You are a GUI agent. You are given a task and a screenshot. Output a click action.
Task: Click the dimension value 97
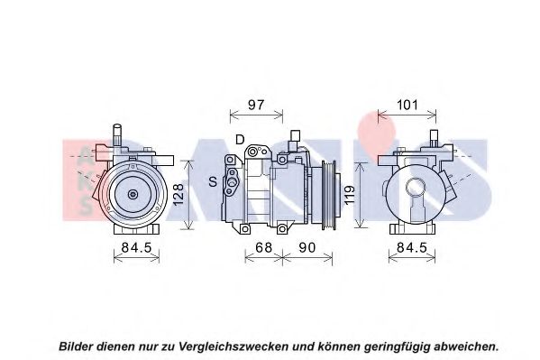(x=256, y=105)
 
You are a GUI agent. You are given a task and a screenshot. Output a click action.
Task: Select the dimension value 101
(x=407, y=105)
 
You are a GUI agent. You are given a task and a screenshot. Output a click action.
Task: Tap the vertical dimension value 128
(x=178, y=195)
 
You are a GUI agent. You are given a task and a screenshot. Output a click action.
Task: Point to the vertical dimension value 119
(x=349, y=195)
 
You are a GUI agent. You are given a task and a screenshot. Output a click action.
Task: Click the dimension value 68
(x=263, y=247)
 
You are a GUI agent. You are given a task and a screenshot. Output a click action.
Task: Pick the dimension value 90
(x=307, y=247)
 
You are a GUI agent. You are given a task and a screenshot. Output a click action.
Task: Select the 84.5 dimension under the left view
(x=136, y=247)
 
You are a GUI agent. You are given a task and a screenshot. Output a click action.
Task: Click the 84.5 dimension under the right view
(x=412, y=247)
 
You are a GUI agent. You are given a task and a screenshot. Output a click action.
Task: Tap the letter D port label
(x=240, y=140)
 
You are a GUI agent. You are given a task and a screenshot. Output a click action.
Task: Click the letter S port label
(x=213, y=181)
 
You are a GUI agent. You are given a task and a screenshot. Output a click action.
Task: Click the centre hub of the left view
(x=133, y=194)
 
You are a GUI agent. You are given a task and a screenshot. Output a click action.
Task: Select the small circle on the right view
(x=416, y=189)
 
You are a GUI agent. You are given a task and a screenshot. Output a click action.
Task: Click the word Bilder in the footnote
(x=77, y=346)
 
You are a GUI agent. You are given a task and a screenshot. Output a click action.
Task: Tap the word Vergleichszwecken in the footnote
(x=233, y=346)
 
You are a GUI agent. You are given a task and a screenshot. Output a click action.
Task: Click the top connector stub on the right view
(x=434, y=136)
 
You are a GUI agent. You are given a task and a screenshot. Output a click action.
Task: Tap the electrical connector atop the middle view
(x=295, y=140)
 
